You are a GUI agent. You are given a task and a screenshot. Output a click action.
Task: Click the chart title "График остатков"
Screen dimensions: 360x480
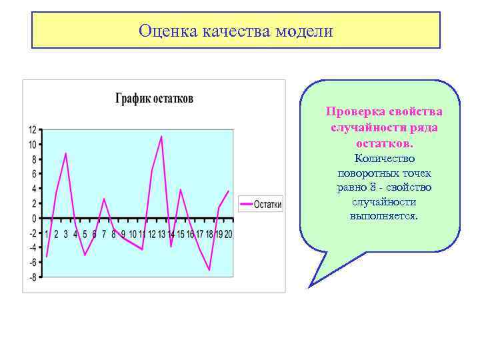[154, 99]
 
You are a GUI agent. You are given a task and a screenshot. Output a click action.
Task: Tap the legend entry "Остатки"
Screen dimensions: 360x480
[267, 205]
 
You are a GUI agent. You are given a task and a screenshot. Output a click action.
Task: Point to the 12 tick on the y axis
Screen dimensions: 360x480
[33, 129]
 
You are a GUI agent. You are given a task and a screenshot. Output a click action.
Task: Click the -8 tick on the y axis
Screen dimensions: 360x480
[33, 277]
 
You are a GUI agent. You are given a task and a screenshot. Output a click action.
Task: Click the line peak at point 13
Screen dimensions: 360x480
[161, 136]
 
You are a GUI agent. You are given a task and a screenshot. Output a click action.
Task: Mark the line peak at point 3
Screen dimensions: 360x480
[65, 153]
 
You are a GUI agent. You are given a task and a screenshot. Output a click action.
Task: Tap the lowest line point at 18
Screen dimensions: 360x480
[209, 270]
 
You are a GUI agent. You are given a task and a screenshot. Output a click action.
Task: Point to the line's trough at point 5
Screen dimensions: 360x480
[85, 255]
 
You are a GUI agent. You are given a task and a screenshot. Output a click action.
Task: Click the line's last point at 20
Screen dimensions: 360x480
[229, 191]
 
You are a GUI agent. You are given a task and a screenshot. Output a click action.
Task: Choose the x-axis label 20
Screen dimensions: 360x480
[228, 234]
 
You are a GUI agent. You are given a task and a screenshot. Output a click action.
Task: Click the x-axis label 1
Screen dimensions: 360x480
[47, 234]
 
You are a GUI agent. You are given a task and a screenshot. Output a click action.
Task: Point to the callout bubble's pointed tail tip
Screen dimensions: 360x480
[309, 286]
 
